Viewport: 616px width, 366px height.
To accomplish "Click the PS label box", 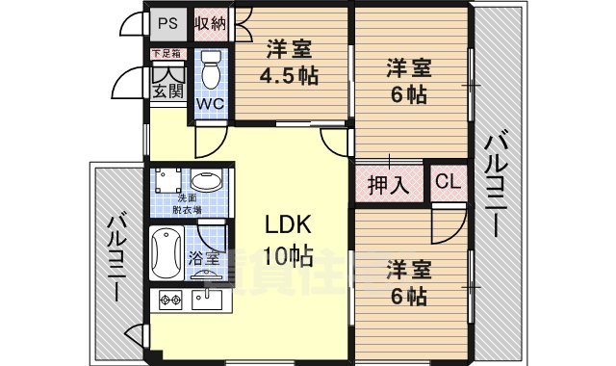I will [x=168, y=23].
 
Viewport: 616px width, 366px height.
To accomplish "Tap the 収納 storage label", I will [x=211, y=23].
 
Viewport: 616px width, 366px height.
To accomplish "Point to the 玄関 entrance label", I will [x=167, y=91].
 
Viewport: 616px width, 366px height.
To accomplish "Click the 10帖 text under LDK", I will [x=288, y=255].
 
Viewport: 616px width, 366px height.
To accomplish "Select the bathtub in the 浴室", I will [x=167, y=253].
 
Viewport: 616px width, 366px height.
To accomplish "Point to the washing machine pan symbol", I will [x=167, y=182].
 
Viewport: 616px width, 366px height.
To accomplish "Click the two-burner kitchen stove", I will [x=170, y=299].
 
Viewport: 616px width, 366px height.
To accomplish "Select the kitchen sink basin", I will [x=207, y=300].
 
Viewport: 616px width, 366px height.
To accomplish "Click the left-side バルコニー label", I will [x=115, y=254].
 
